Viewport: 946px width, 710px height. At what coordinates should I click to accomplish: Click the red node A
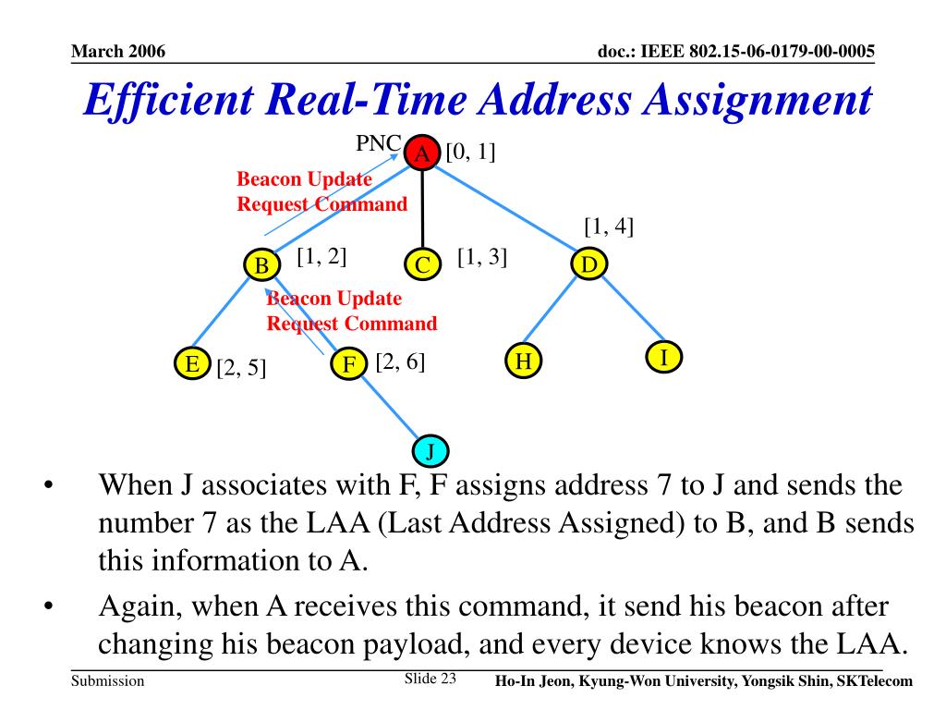(421, 153)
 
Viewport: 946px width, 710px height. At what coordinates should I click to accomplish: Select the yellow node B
(262, 266)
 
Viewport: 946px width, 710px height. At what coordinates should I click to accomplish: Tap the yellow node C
(422, 266)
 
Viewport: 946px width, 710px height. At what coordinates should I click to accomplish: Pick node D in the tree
(588, 265)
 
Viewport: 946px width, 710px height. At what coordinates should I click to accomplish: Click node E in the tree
(192, 364)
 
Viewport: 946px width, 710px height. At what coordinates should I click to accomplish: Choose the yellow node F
(348, 364)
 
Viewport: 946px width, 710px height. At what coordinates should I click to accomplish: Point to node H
(523, 361)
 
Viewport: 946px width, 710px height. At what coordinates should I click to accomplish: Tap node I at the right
(662, 357)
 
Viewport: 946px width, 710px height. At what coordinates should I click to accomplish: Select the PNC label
(379, 144)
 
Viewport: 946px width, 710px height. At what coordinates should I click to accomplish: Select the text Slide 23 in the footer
(431, 679)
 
